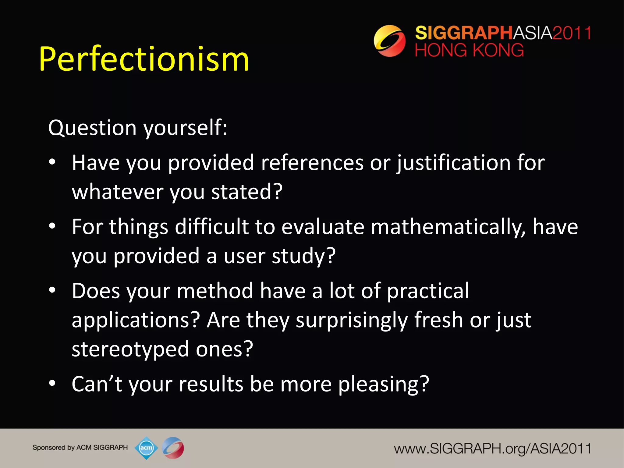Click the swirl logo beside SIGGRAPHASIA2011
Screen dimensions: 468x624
[x=389, y=41]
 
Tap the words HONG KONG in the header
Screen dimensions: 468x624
[x=469, y=50]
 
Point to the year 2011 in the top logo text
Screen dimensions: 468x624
[x=572, y=33]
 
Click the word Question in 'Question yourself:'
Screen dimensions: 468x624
[x=92, y=128]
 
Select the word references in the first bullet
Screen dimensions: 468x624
[x=312, y=163]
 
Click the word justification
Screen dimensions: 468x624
[x=454, y=163]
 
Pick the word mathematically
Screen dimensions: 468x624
[x=448, y=227]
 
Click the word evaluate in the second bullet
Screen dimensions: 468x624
[x=323, y=227]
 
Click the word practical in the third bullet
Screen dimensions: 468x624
[x=428, y=291]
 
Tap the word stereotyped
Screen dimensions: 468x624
[x=130, y=349]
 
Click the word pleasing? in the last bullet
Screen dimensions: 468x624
[x=384, y=384]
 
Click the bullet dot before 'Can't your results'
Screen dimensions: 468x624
[x=52, y=383]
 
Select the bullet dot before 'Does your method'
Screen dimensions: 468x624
[x=52, y=290]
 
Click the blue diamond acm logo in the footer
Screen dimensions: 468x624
[x=146, y=448]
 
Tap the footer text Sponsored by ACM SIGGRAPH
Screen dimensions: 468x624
[x=80, y=448]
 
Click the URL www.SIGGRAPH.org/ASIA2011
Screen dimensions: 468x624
[x=492, y=449]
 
